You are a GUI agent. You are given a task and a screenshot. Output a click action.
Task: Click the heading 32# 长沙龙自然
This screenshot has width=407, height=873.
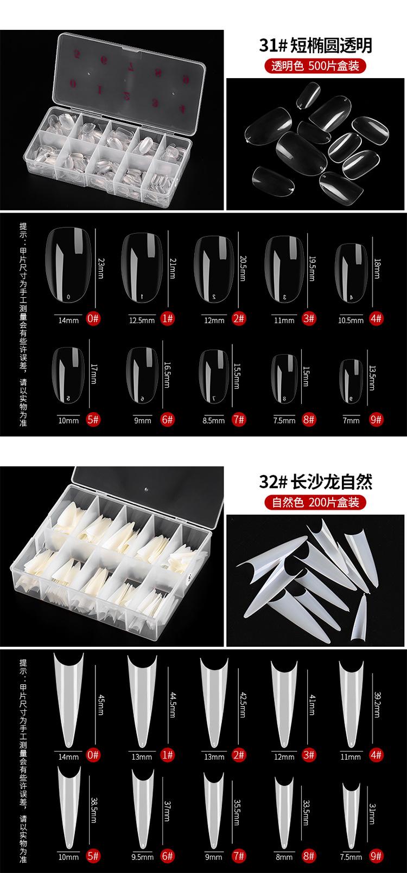316,482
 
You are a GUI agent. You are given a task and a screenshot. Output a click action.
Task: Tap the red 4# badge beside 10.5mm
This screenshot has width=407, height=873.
376,319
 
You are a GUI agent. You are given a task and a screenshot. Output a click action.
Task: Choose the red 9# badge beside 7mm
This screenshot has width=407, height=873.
376,419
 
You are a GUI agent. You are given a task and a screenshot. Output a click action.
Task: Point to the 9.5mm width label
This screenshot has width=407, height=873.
142,857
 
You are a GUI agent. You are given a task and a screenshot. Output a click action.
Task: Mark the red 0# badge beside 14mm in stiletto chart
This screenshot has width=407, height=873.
93,755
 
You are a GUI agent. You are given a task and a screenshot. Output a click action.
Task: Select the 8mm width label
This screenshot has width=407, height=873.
284,857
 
